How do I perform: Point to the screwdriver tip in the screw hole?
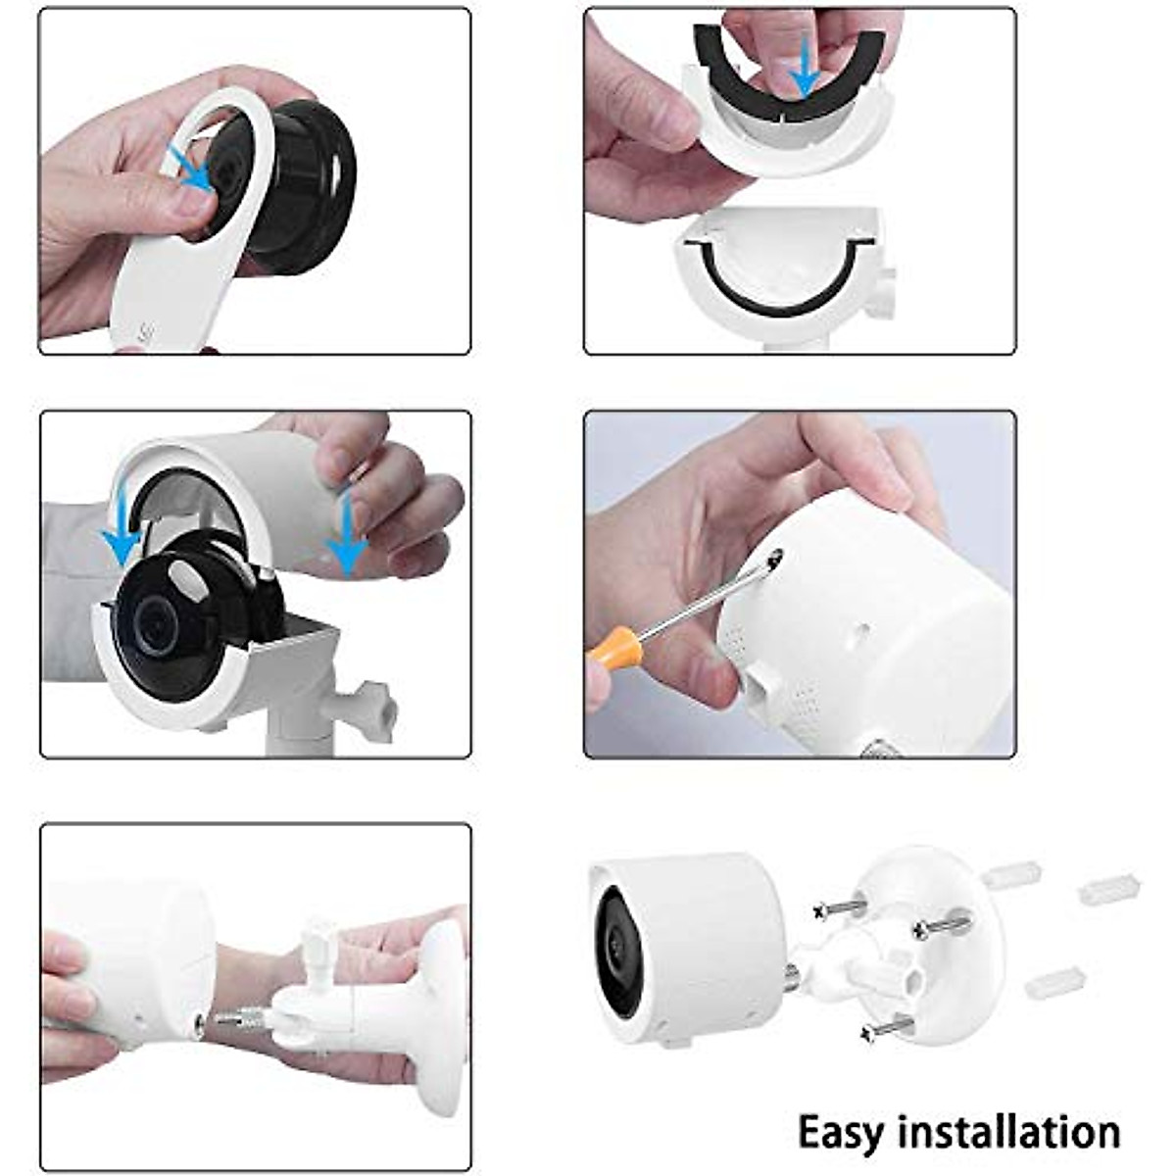click(x=774, y=560)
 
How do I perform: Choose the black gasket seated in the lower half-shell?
click(x=774, y=294)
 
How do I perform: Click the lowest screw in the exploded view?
click(x=887, y=1028)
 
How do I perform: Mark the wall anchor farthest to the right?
click(x=1108, y=888)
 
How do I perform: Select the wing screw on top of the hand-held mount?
click(x=319, y=946)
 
